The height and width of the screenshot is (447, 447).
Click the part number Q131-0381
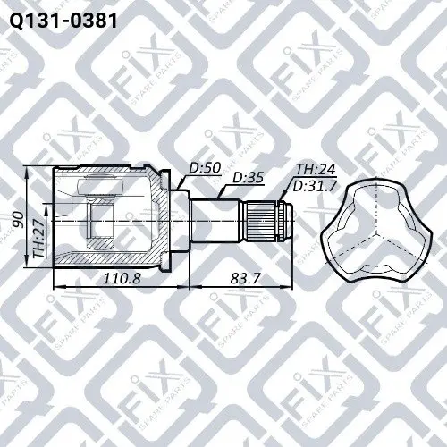coord(63,21)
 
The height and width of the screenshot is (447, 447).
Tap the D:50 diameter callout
coord(205,168)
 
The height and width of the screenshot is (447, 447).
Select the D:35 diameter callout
coord(249,178)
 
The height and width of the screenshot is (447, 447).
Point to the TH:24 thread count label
coord(316,169)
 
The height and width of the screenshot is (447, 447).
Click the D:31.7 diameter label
coord(315,187)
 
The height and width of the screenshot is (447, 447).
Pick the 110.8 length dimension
coord(122,279)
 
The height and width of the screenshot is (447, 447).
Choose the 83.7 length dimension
coord(245,279)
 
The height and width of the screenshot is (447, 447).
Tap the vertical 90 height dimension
coord(20,220)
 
